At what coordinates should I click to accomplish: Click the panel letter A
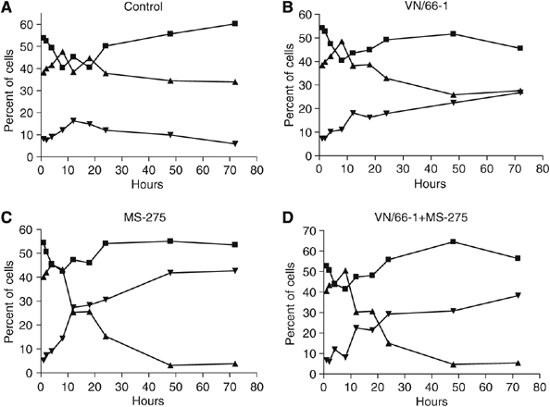point(7,8)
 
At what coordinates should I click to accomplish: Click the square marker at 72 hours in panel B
point(520,48)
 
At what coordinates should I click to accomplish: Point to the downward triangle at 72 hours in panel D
point(518,295)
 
